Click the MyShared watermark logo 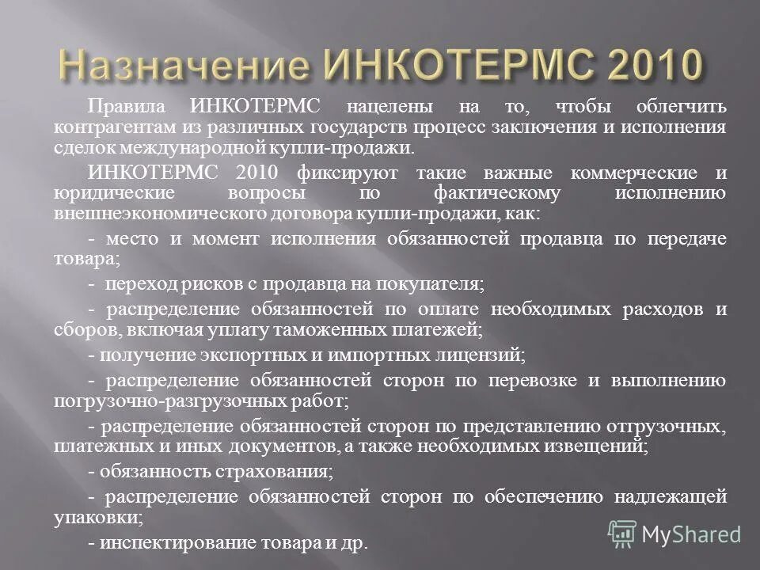pos(674,534)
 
